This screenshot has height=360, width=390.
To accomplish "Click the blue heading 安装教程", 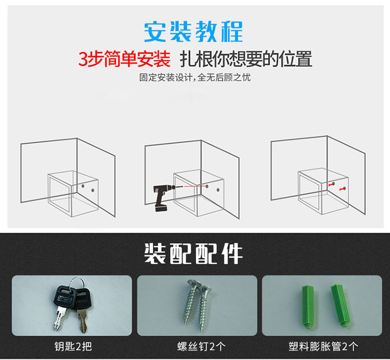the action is click(193, 32).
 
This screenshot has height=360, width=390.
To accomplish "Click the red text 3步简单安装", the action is click(124, 59).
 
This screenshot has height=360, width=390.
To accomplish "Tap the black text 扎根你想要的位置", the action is click(246, 59).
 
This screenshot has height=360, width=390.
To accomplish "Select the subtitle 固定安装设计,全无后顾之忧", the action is click(195, 77).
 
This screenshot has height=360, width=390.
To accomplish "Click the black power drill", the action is click(163, 197).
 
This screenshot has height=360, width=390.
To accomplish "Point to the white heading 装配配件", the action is click(193, 254).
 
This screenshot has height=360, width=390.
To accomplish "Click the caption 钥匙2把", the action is click(73, 346).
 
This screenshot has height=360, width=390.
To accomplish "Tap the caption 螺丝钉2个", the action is click(201, 346).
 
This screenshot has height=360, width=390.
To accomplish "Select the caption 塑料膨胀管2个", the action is click(323, 346).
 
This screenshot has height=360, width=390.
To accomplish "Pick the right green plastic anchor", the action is click(341, 305).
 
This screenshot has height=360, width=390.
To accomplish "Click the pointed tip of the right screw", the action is click(201, 331).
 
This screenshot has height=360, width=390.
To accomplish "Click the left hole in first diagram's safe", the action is click(83, 186).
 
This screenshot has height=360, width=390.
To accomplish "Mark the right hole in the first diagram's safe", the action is click(93, 191).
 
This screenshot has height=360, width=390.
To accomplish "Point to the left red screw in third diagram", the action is click(332, 184).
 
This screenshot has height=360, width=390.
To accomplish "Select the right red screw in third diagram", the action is click(343, 189).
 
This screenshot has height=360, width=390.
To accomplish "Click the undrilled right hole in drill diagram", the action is click(218, 190).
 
